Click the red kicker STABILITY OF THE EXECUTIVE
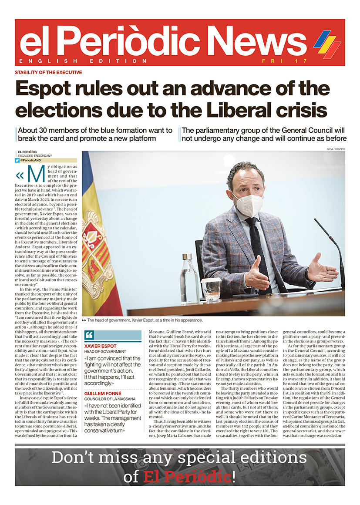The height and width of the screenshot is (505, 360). pyautogui.click(x=48, y=72)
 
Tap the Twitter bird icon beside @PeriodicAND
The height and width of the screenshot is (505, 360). pyautogui.click(x=17, y=160)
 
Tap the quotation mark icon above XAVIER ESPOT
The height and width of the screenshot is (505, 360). pyautogui.click(x=89, y=335)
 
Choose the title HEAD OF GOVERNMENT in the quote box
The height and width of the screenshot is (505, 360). pyautogui.click(x=105, y=351)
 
